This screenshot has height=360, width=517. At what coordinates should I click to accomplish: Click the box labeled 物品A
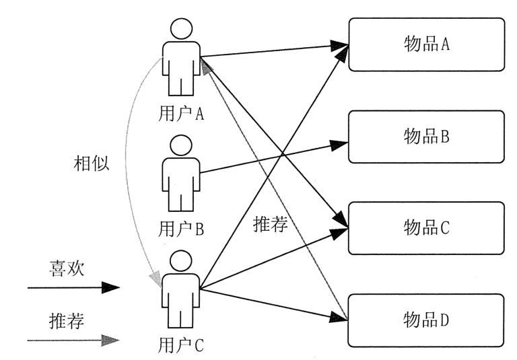426,44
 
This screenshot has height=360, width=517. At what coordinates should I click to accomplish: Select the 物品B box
426,137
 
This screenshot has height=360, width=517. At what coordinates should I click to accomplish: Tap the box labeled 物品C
426,228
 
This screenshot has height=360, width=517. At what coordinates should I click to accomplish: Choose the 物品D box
426,320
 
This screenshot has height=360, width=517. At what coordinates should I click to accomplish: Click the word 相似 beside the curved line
91,164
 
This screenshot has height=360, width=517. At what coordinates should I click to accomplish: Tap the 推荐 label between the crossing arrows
271,224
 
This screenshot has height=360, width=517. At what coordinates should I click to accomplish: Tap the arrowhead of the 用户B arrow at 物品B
341,143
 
